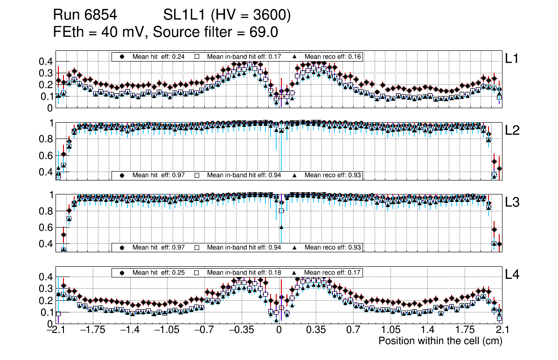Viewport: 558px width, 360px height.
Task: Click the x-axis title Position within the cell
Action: tap(440, 341)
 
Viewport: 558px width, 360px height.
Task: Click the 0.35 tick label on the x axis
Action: tap(316, 331)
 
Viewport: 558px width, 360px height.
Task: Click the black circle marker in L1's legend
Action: tap(122, 56)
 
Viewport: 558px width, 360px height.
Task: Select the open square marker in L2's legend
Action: tap(197, 175)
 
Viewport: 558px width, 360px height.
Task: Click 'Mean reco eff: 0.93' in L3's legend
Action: tap(333, 247)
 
